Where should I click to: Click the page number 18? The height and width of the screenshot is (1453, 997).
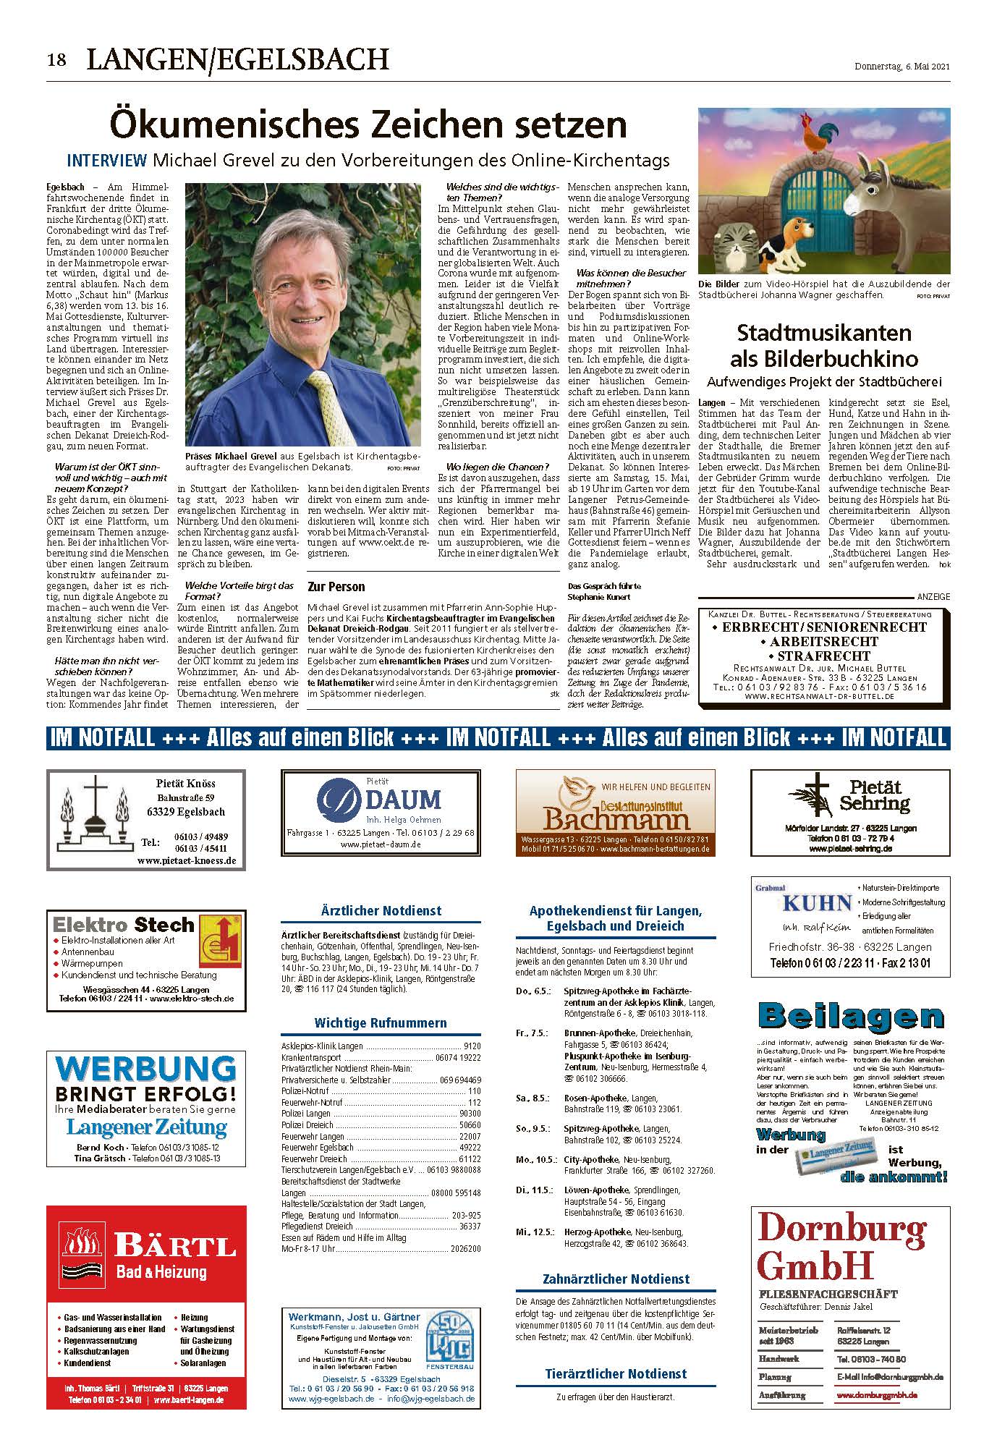coord(56,60)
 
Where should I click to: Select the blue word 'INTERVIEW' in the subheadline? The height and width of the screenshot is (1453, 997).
coord(107,161)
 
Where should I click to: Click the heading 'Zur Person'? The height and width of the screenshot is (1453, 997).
coord(336,587)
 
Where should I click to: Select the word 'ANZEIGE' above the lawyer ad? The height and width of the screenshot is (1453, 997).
coord(933,596)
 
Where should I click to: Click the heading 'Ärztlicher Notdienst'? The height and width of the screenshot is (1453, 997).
coord(381,911)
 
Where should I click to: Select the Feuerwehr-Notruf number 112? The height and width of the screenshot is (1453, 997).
coord(474,1102)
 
